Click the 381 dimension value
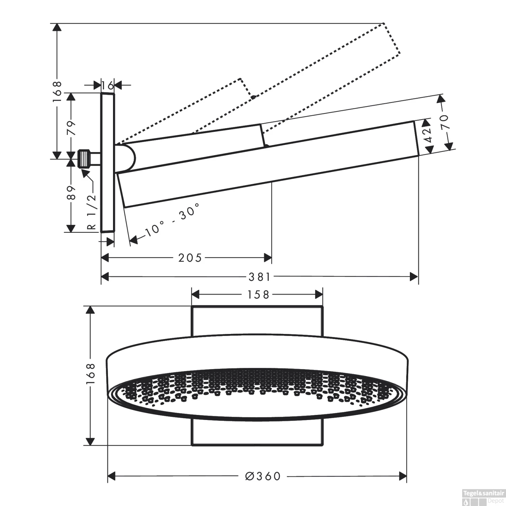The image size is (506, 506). [259, 277]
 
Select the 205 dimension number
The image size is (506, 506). [190, 258]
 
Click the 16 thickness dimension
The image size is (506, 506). [108, 85]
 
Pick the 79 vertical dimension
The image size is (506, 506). [72, 127]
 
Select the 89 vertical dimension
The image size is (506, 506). [72, 193]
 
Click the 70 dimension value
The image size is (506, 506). [444, 122]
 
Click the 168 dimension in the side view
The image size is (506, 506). [58, 88]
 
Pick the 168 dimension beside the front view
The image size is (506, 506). [90, 373]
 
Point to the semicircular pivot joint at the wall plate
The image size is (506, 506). [128, 158]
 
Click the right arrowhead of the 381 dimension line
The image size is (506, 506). [414, 277]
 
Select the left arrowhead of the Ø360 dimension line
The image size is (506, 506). [112, 476]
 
